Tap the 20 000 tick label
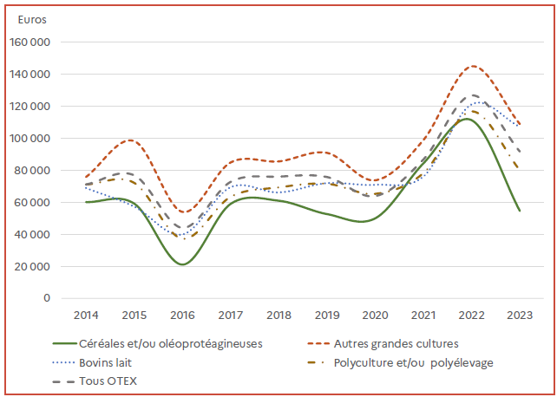click(x=32, y=266)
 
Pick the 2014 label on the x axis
click(x=85, y=314)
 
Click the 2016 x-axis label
click(x=181, y=314)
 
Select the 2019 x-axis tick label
click(x=326, y=314)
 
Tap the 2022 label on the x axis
click(x=471, y=314)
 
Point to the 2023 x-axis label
click(x=519, y=314)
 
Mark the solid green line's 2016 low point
click(x=181, y=264)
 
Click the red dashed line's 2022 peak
click(x=472, y=66)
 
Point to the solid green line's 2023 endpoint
click(x=519, y=210)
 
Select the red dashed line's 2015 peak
click(x=130, y=140)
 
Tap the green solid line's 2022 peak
click(x=466, y=119)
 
